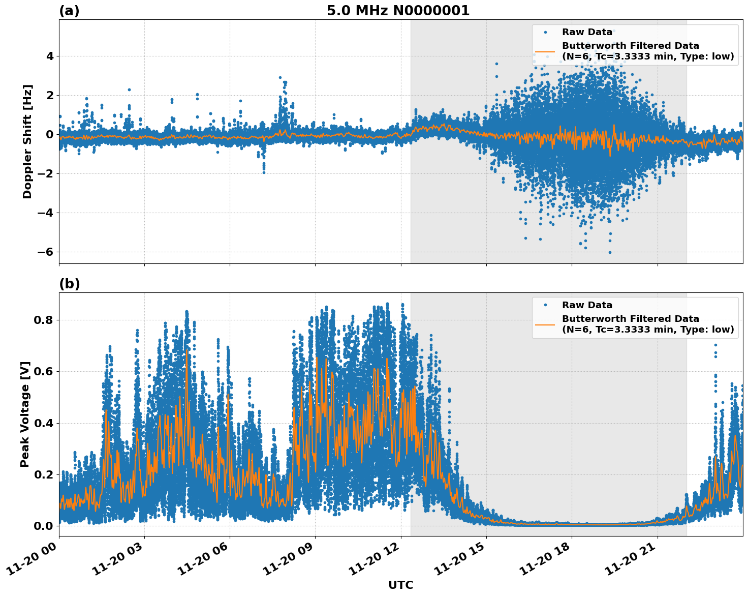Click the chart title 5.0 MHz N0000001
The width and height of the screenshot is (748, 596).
coord(398,11)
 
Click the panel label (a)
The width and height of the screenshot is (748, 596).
coord(69,11)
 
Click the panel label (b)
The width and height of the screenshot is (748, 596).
coord(69,284)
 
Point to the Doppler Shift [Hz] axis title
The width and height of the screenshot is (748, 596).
coord(27,141)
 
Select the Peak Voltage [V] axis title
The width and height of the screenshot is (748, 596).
coord(25,414)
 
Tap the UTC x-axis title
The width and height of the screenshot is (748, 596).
coord(400,585)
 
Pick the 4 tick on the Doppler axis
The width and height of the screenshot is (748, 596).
coord(50,56)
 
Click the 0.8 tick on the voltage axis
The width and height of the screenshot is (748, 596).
coord(44,320)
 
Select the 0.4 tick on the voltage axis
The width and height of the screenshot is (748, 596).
coord(44,423)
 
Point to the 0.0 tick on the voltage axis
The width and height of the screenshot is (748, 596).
coord(44,526)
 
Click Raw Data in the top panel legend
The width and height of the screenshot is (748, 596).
coord(587,32)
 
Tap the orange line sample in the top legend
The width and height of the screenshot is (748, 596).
coord(545,51)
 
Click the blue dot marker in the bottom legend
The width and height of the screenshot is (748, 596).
coord(545,305)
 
